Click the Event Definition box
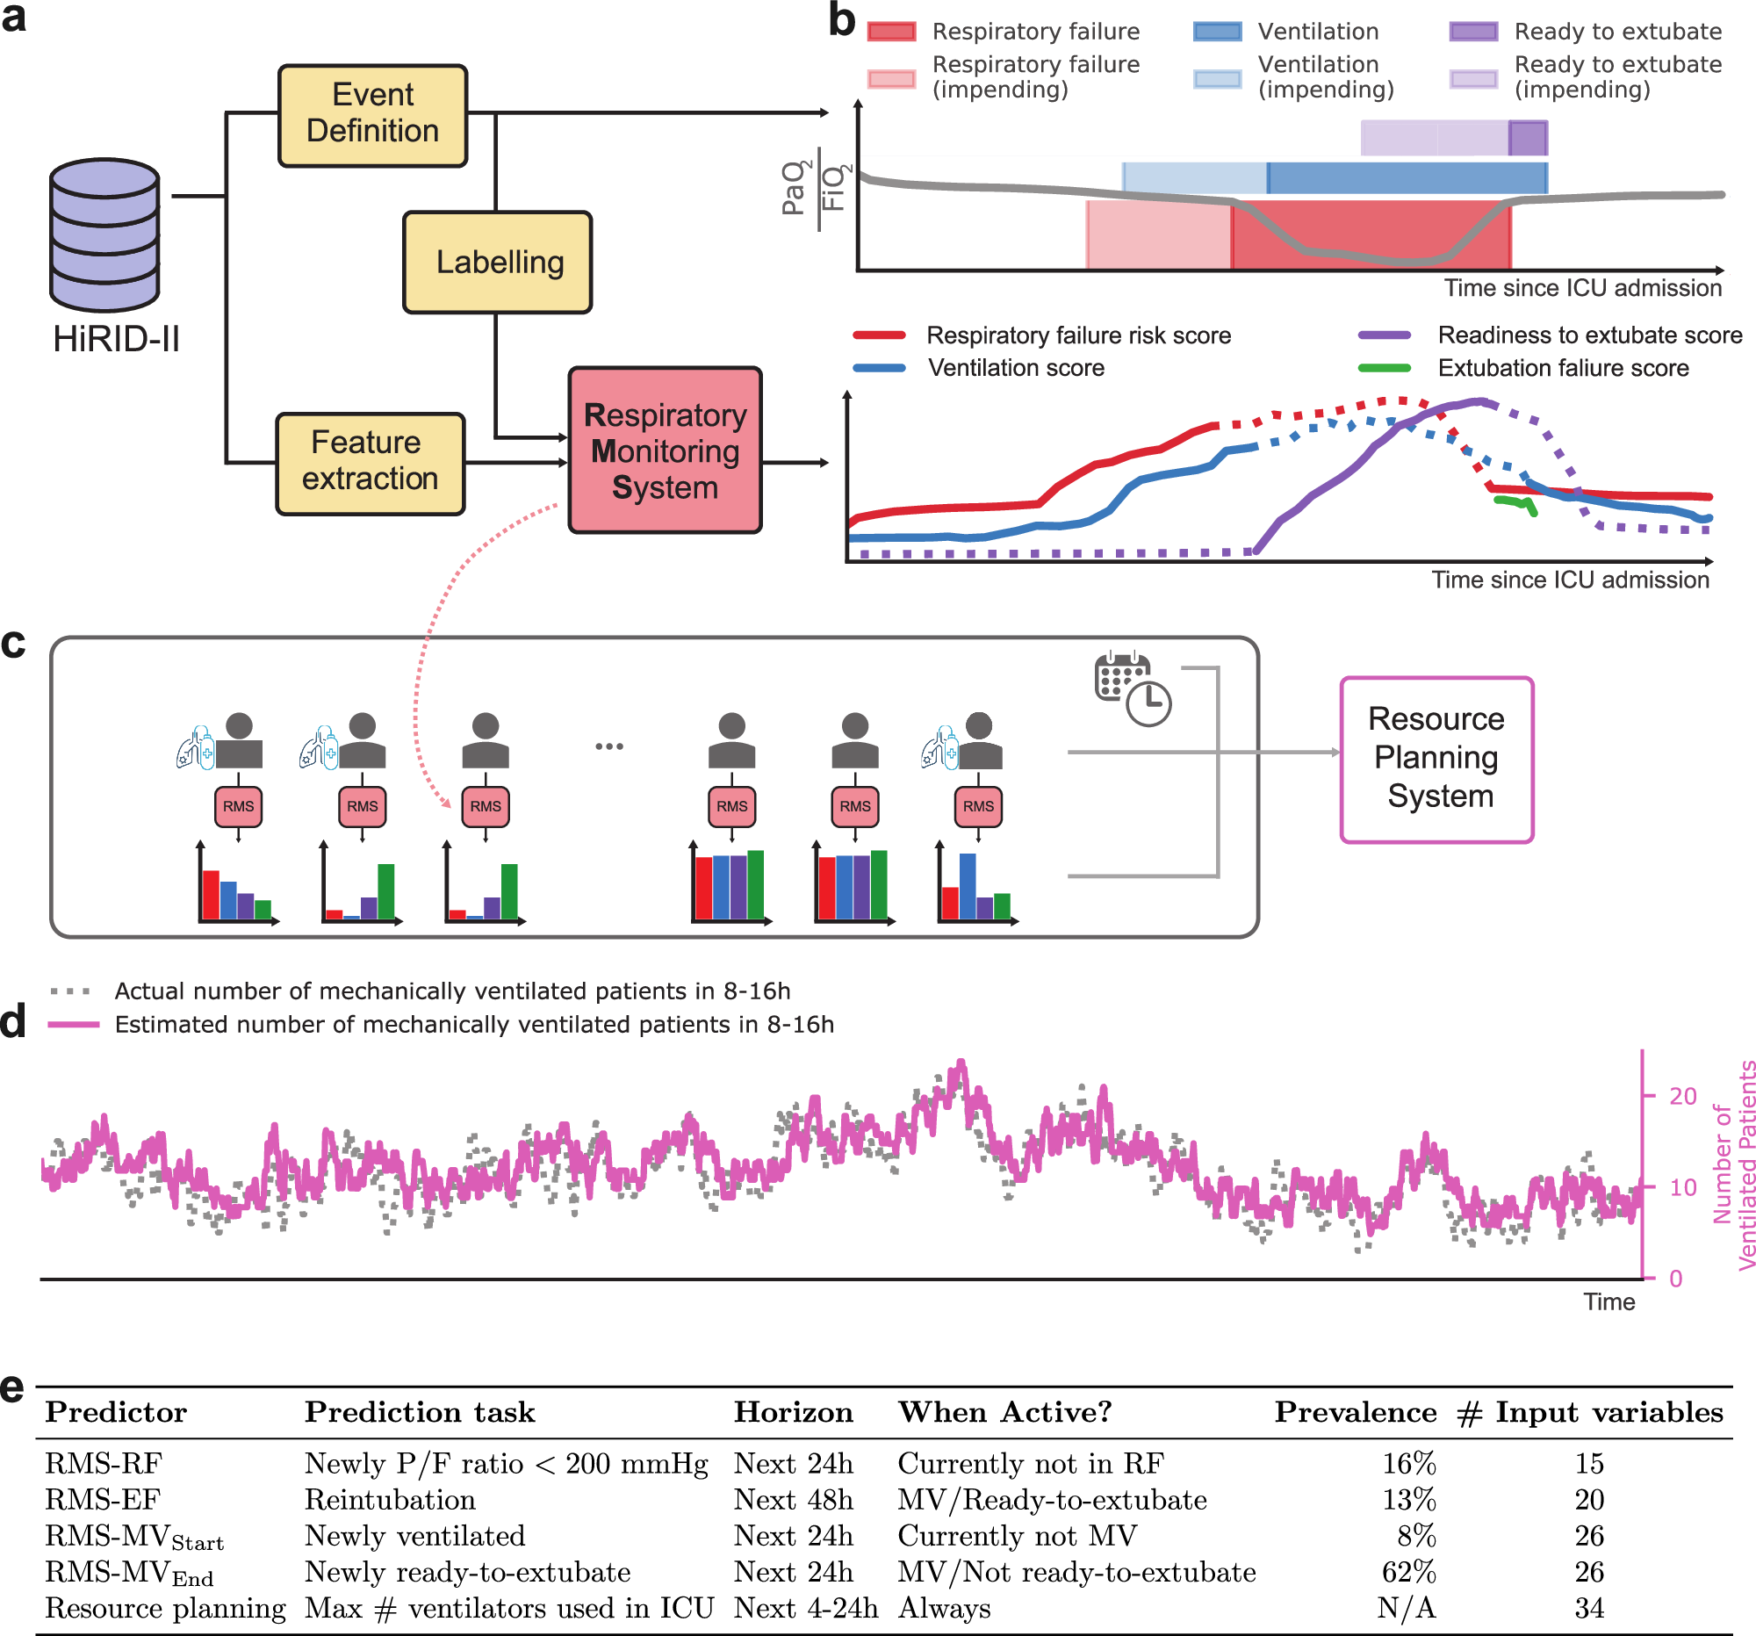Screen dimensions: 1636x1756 pos(372,115)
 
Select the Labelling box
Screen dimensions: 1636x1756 pos(497,263)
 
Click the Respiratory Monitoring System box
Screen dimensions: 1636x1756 pos(665,450)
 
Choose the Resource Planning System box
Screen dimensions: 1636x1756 pos(1436,759)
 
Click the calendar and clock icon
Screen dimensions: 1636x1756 pos(1132,690)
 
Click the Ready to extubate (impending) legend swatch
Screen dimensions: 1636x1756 pos(1472,79)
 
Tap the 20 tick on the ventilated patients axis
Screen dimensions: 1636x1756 pos(1681,1096)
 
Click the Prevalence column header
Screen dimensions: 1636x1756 pos(1354,1412)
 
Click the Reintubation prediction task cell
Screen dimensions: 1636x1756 pos(390,1500)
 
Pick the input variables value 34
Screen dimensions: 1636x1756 pos(1588,1609)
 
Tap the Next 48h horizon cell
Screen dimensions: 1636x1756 pos(792,1500)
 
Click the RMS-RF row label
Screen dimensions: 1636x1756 pos(104,1464)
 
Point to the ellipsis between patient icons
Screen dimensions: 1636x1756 pos(608,746)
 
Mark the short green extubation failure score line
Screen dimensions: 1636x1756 pos(1515,502)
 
